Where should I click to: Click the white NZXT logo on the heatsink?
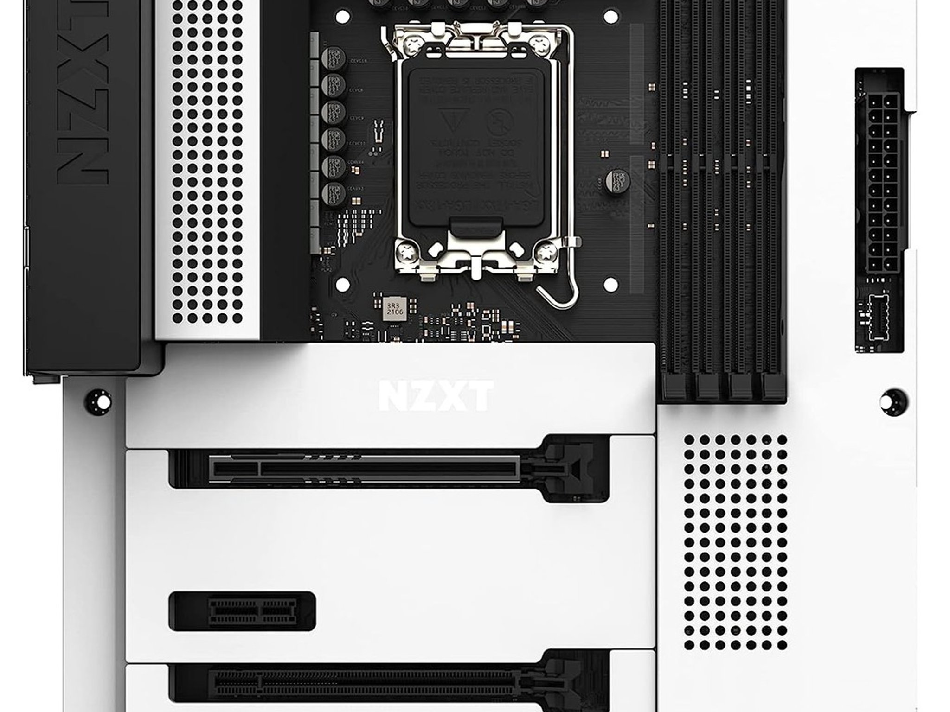pos(436,396)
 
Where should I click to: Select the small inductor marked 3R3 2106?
pos(395,308)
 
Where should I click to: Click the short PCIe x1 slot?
pos(253,610)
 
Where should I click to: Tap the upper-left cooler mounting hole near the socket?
pos(342,18)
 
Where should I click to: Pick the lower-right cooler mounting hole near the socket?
pos(610,284)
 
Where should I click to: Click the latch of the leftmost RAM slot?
pos(674,388)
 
